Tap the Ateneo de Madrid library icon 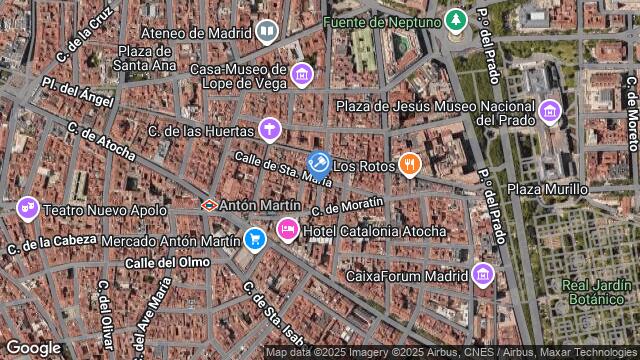click(267, 31)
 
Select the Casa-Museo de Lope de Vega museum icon click(301, 76)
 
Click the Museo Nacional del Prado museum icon click(549, 110)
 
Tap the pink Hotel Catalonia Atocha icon click(287, 231)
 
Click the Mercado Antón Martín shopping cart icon click(254, 239)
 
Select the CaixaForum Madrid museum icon click(483, 274)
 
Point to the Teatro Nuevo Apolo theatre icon click(28, 208)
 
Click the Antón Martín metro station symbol click(209, 205)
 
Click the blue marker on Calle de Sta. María click(319, 162)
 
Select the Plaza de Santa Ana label click(148, 58)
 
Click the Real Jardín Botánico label click(597, 291)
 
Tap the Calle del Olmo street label click(168, 262)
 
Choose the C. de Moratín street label click(347, 205)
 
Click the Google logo click(33, 347)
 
